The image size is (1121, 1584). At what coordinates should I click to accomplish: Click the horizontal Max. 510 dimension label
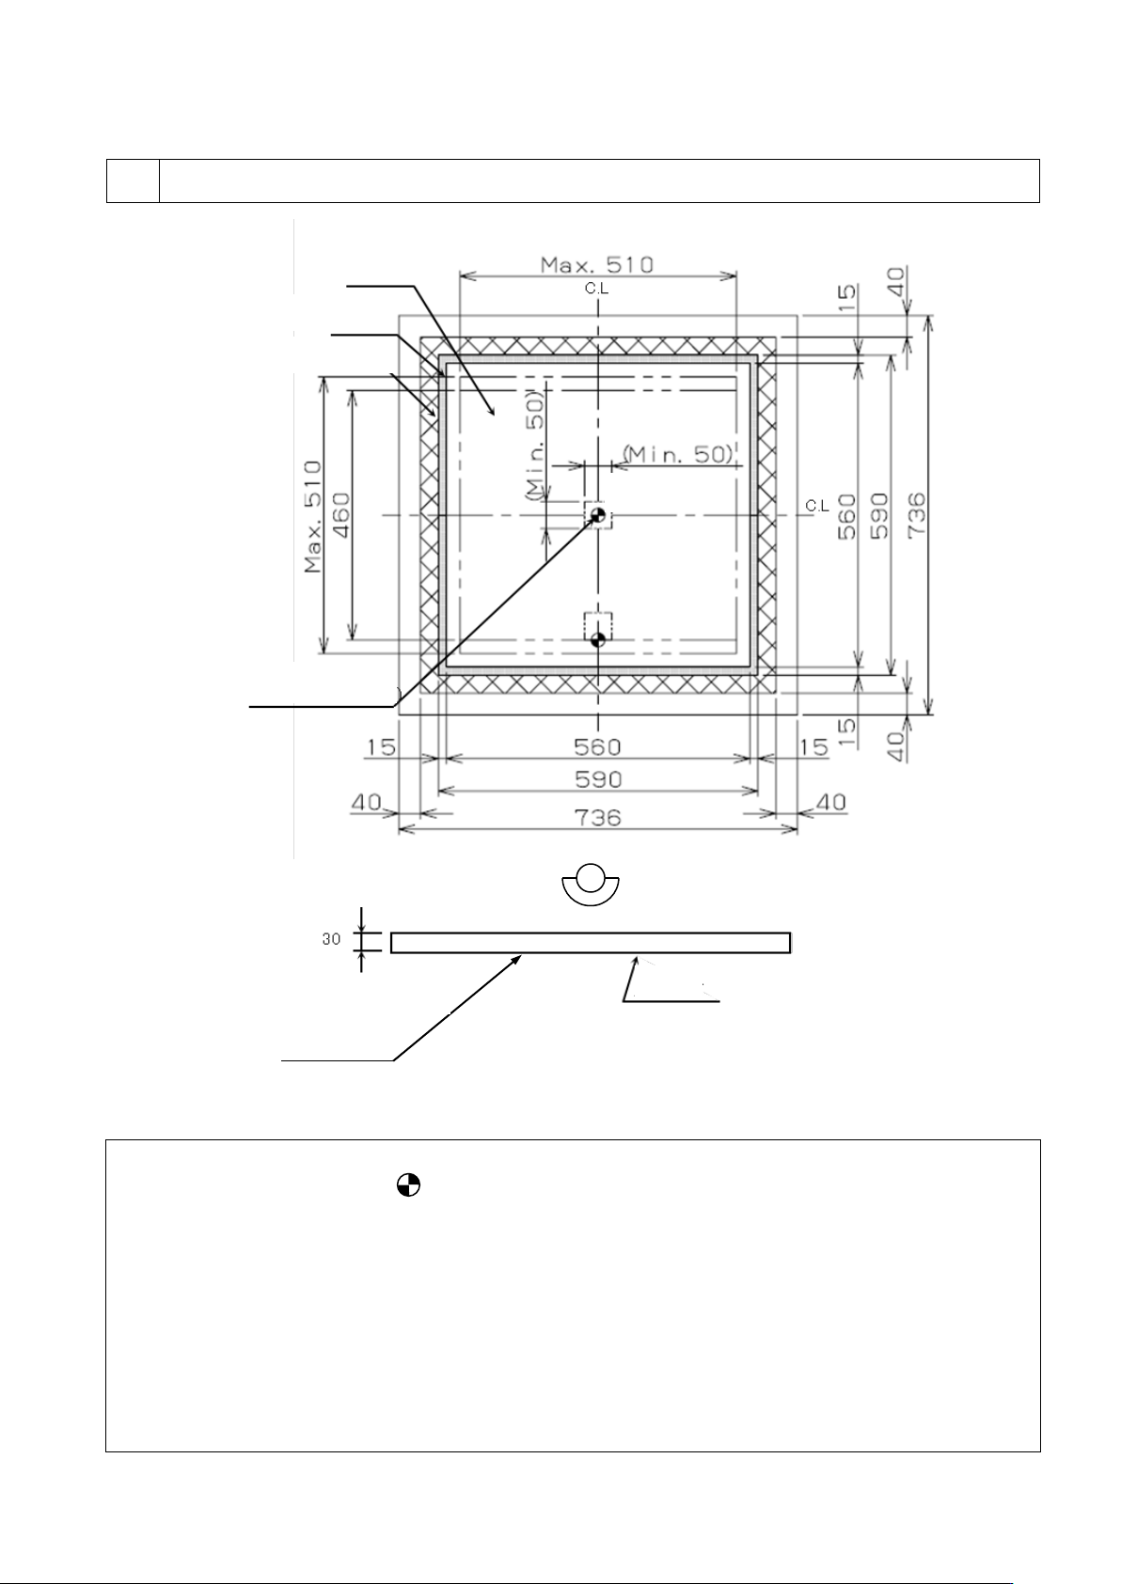596,264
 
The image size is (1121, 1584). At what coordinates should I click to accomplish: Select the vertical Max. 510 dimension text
313,516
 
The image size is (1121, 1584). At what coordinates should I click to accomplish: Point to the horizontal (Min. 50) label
677,454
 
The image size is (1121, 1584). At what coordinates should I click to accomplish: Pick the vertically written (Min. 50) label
535,446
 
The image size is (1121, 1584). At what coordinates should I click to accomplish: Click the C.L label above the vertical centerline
596,289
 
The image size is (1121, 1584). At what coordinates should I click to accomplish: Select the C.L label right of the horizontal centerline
817,506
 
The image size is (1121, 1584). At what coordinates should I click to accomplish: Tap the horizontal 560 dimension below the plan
597,746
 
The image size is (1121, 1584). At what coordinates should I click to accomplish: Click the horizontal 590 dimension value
598,779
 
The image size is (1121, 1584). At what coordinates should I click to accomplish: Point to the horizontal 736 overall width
598,817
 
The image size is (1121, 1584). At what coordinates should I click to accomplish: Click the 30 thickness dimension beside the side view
331,939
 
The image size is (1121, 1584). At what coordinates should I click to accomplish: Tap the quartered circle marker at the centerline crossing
597,515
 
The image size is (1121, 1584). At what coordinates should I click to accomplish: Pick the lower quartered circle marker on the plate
597,641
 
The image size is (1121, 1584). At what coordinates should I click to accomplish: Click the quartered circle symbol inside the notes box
407,1185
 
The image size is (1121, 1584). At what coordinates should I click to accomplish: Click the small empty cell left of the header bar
133,180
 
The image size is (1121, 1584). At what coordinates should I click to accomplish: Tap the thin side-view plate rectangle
590,943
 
